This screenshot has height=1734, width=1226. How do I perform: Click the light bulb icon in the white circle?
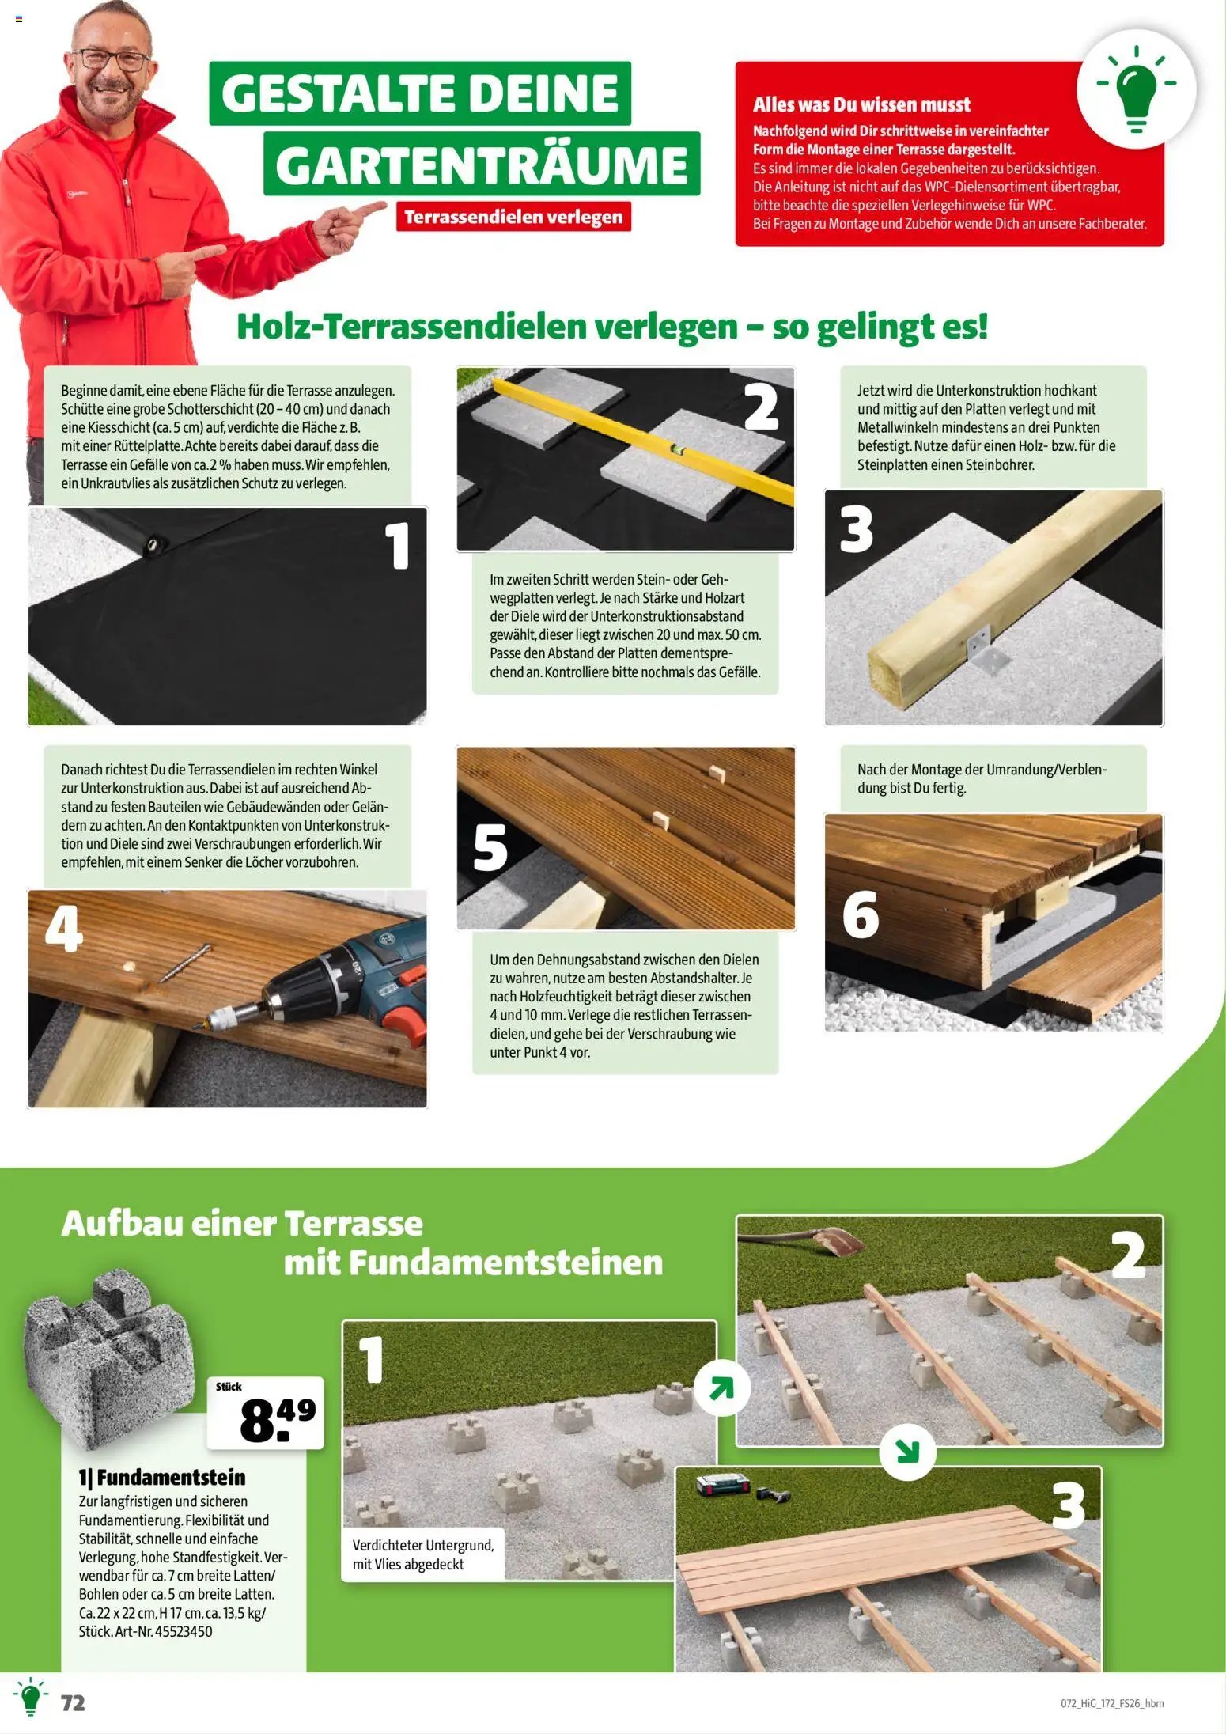[x=1136, y=89]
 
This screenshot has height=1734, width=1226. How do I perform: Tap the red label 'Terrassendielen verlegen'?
[x=513, y=217]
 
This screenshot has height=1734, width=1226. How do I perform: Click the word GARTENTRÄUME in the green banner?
[x=482, y=165]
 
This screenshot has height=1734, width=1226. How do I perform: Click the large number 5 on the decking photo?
[x=490, y=847]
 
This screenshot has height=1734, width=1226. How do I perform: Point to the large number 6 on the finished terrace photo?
[x=861, y=914]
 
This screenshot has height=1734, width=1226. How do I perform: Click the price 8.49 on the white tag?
[x=276, y=1420]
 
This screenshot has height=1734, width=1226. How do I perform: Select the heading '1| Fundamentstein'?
[x=162, y=1477]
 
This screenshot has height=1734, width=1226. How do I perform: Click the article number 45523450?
[x=184, y=1631]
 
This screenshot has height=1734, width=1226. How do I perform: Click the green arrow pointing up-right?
[x=721, y=1388]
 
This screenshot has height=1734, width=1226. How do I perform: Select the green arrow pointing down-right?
[x=907, y=1451]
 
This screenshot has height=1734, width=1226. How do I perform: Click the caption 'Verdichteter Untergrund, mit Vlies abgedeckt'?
[x=422, y=1554]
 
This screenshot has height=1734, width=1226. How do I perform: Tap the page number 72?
[x=73, y=1702]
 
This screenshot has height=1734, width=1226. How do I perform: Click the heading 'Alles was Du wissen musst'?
[x=861, y=104]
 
